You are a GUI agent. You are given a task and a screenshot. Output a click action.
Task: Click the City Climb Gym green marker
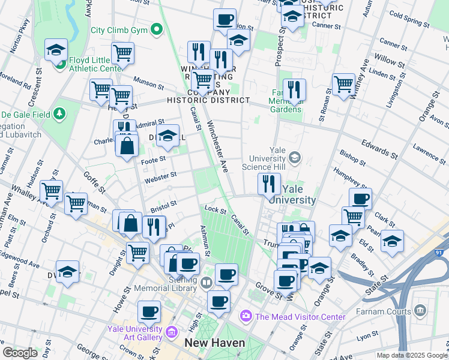(157, 29)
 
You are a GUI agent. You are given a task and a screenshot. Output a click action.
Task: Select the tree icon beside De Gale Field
(59, 113)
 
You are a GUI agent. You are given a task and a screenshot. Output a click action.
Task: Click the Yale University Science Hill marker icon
(294, 158)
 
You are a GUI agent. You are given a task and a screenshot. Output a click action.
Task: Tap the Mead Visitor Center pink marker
(246, 316)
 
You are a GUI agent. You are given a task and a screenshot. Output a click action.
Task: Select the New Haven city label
(214, 343)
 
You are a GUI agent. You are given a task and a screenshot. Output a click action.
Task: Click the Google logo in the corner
(20, 353)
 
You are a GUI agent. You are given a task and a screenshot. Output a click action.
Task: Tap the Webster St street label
(160, 177)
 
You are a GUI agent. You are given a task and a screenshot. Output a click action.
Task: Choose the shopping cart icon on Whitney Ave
(344, 84)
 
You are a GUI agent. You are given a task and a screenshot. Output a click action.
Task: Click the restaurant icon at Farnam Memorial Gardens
(294, 89)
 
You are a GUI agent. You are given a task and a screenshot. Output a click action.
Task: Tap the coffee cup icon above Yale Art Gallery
(149, 311)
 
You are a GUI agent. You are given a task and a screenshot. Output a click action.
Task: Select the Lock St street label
(214, 210)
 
